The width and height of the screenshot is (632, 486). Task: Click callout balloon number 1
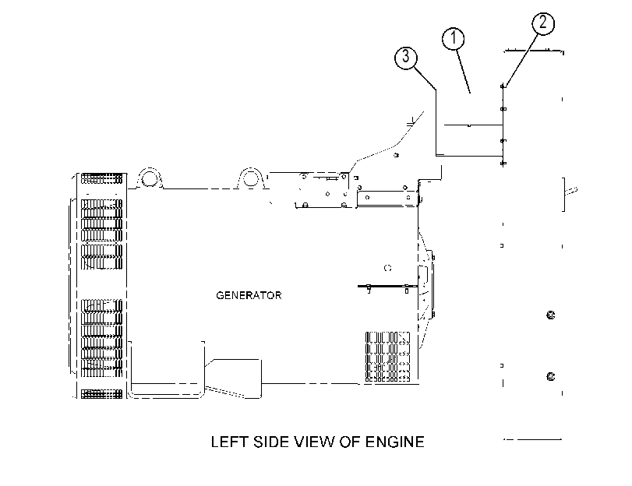tap(453, 39)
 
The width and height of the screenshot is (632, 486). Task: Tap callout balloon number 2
tap(543, 23)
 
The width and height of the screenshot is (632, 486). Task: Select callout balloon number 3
tap(405, 57)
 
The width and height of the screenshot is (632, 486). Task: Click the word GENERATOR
tap(249, 295)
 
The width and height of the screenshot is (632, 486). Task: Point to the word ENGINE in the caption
tap(394, 442)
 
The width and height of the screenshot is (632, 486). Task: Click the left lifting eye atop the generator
tap(150, 178)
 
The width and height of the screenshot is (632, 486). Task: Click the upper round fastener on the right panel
tap(551, 315)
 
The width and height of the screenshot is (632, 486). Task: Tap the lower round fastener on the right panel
tap(551, 376)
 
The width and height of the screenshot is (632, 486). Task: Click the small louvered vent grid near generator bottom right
tap(387, 357)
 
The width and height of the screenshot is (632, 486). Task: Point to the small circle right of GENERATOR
tap(388, 268)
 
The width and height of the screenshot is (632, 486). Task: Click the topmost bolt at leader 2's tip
tap(503, 86)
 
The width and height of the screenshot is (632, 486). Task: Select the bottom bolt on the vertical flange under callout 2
tap(503, 164)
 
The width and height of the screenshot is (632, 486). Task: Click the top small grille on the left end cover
tap(101, 178)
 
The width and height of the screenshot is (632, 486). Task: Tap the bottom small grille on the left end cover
tap(101, 394)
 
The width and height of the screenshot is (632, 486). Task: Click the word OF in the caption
tap(350, 442)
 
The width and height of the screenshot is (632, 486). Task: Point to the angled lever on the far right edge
tap(571, 191)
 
